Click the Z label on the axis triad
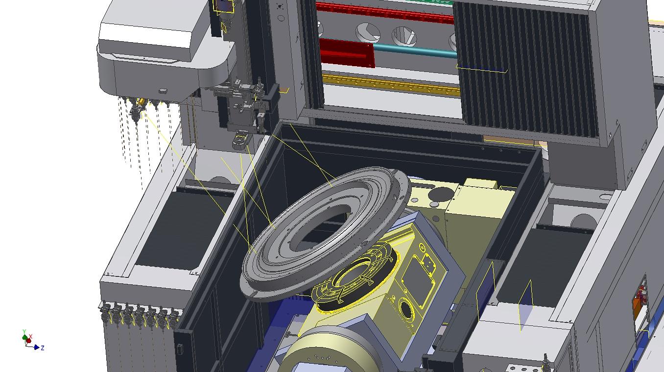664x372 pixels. click(43, 348)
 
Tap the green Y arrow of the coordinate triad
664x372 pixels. click(25, 335)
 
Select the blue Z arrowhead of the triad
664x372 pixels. click(37, 347)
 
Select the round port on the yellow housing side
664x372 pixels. click(406, 310)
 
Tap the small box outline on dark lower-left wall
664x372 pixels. click(180, 349)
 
